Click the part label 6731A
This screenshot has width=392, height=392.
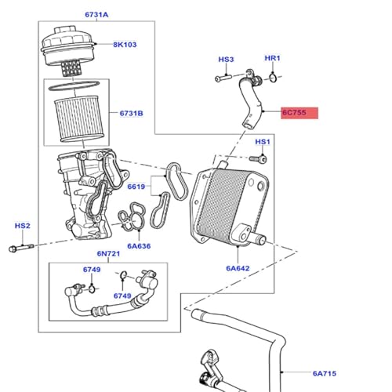pyautogui.click(x=96, y=15)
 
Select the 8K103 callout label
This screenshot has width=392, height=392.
pyautogui.click(x=125, y=45)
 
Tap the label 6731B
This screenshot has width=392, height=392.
pyautogui.click(x=131, y=114)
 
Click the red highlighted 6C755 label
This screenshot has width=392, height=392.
pyautogui.click(x=299, y=113)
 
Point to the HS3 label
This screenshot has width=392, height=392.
pyautogui.click(x=226, y=60)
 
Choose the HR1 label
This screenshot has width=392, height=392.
pyautogui.click(x=272, y=58)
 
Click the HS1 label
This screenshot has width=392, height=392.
pyautogui.click(x=263, y=142)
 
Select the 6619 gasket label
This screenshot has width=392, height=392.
pyautogui.click(x=136, y=187)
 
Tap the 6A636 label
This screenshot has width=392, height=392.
pyautogui.click(x=139, y=246)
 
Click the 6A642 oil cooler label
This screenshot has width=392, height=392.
pyautogui.click(x=238, y=268)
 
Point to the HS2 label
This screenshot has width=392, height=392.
pyautogui.click(x=23, y=226)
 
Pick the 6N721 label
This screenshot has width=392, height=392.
pyautogui.click(x=108, y=253)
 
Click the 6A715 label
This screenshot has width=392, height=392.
pyautogui.click(x=325, y=373)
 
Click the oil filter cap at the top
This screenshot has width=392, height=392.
pyautogui.click(x=68, y=49)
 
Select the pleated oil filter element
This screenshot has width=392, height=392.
pyautogui.click(x=79, y=119)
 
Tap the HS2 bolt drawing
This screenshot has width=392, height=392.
pyautogui.click(x=21, y=248)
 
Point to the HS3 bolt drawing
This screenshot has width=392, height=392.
pyautogui.click(x=223, y=78)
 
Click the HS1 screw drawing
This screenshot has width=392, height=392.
pyautogui.click(x=258, y=158)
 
